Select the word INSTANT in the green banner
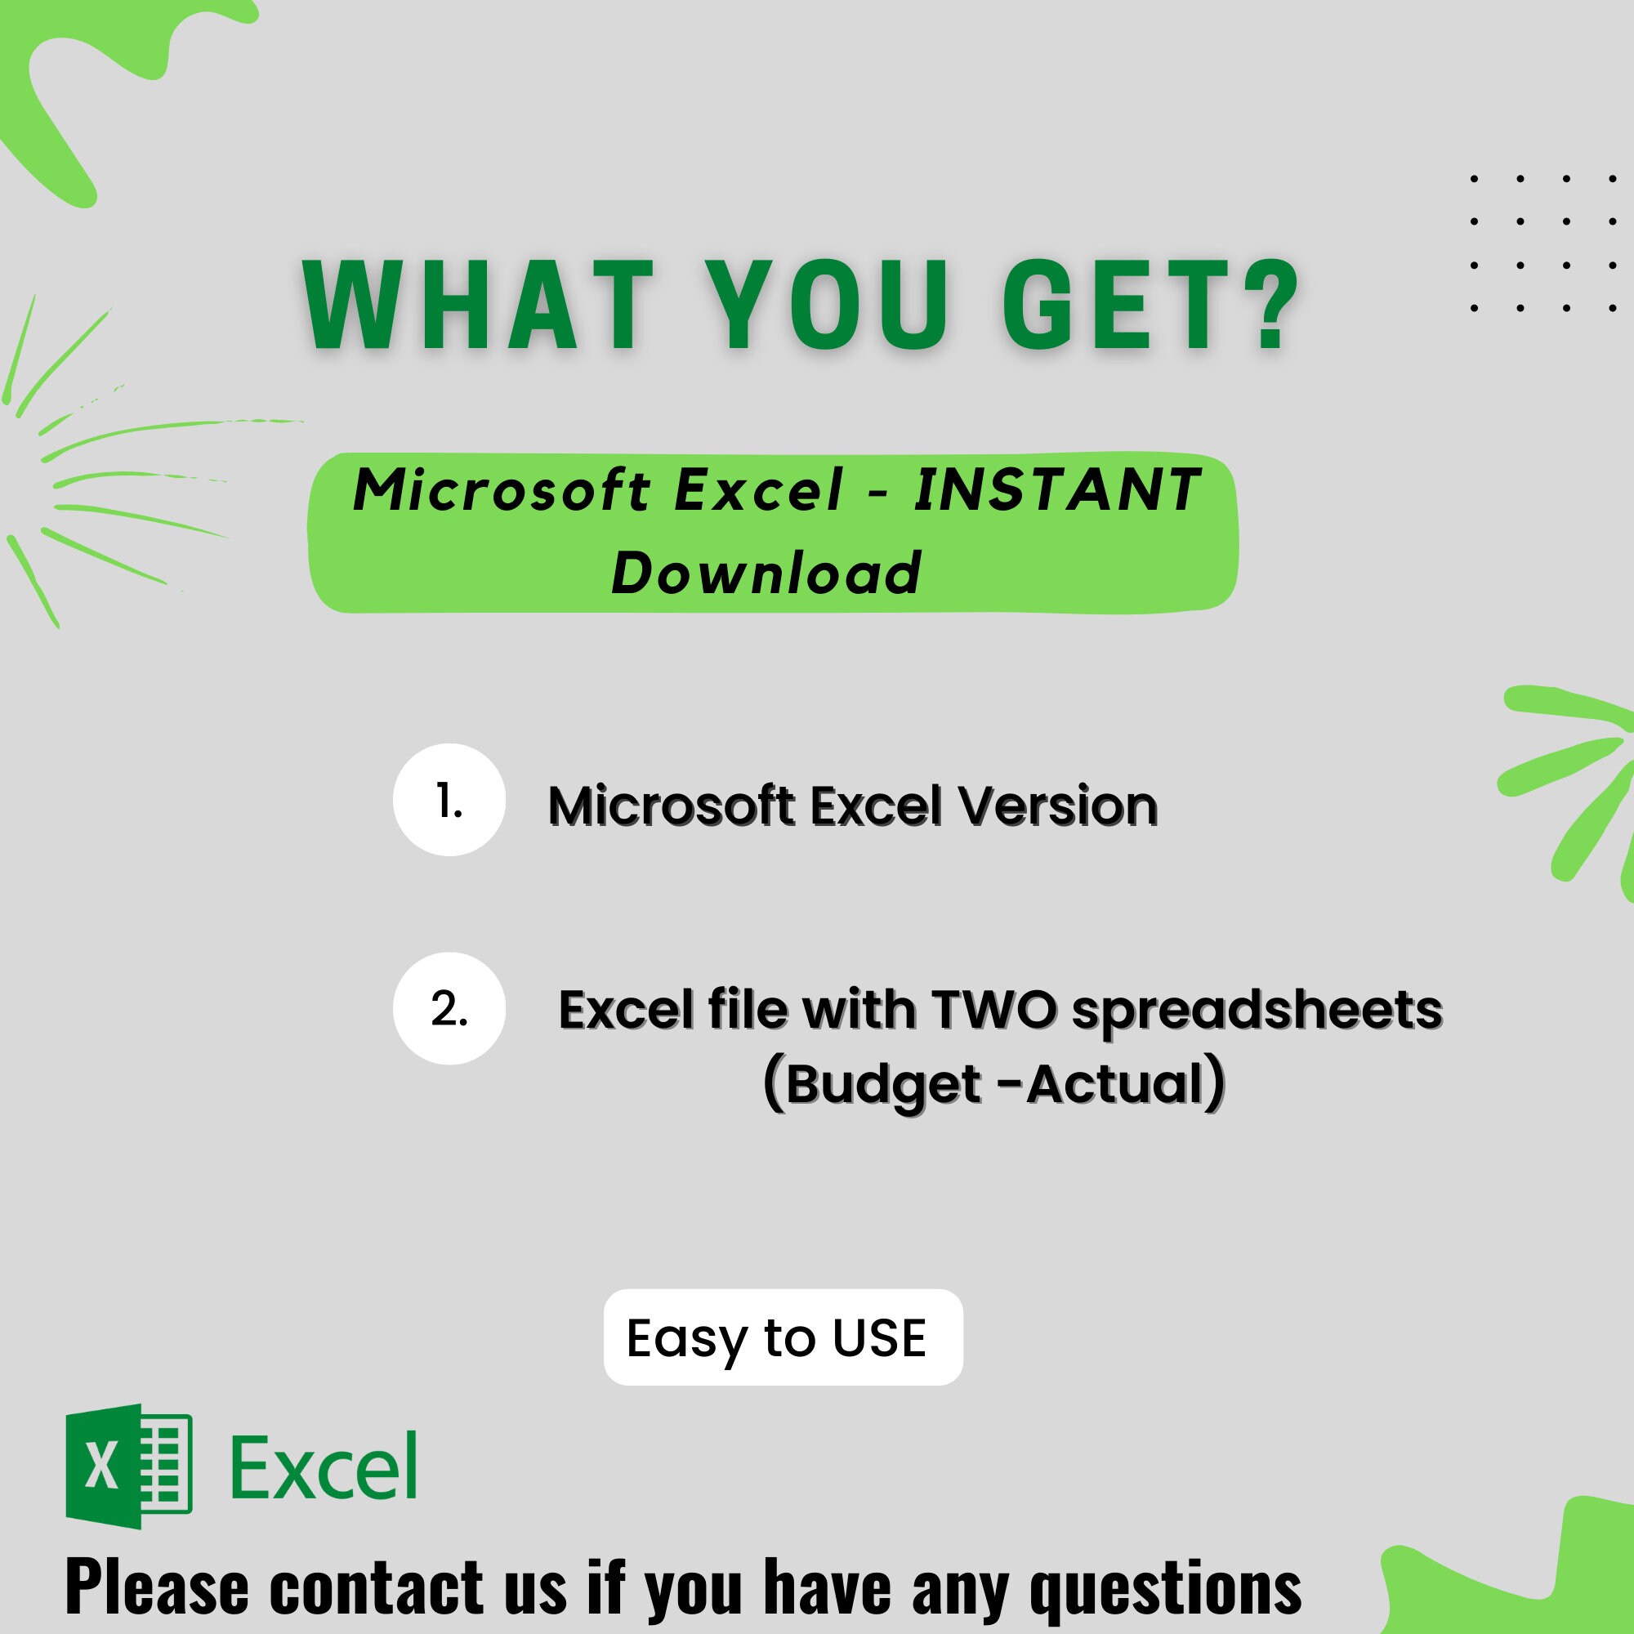point(1057,489)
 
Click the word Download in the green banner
point(766,573)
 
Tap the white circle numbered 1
point(449,799)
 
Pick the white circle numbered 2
point(449,1008)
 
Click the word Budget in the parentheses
point(884,1083)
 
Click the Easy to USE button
point(783,1337)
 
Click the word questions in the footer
point(1166,1588)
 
